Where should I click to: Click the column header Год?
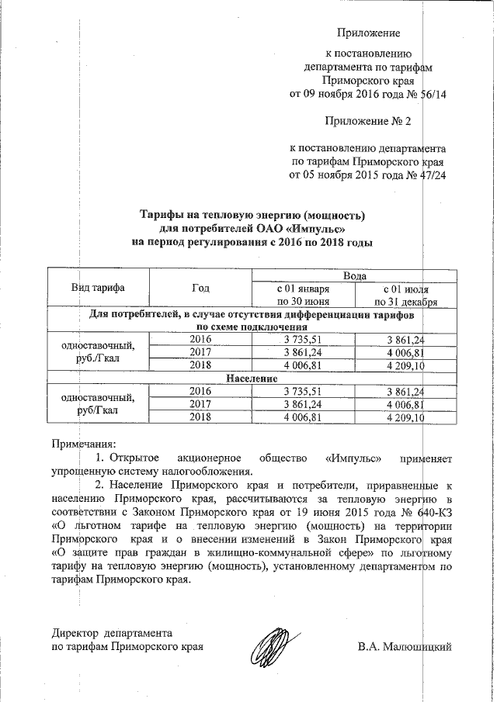tap(200, 288)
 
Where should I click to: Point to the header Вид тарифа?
tap(99, 288)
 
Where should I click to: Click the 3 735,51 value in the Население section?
tap(303, 391)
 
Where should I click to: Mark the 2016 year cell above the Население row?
tap(200, 340)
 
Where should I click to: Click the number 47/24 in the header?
tap(429, 175)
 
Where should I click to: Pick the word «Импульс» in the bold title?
tap(316, 228)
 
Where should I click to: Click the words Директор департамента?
tap(112, 633)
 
